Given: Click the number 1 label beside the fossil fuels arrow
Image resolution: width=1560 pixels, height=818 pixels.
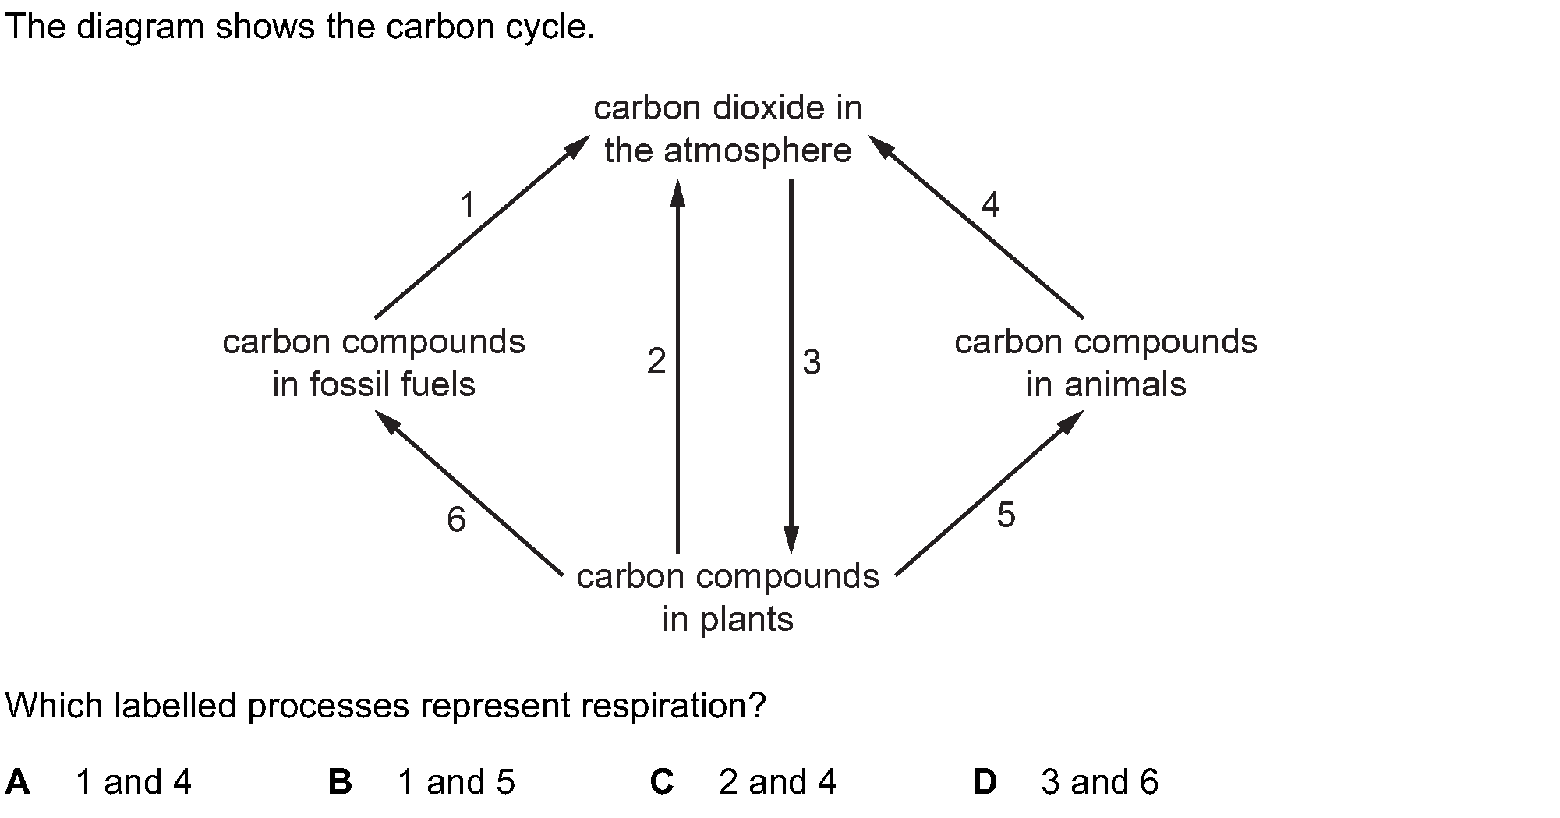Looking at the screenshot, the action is pyautogui.click(x=467, y=206).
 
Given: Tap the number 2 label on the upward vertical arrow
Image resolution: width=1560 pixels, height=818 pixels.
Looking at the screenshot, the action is pyautogui.click(x=656, y=362).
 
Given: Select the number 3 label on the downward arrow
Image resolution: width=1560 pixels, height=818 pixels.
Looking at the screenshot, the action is pyautogui.click(x=812, y=363).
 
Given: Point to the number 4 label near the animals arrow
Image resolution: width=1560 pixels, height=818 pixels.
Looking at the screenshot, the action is pyautogui.click(x=990, y=205).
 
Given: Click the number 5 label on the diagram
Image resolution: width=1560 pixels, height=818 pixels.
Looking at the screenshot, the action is pyautogui.click(x=1006, y=515).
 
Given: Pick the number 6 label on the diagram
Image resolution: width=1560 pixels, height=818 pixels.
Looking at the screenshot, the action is pyautogui.click(x=456, y=519).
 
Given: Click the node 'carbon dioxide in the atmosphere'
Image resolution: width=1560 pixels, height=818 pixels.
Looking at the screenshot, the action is pyautogui.click(x=727, y=129).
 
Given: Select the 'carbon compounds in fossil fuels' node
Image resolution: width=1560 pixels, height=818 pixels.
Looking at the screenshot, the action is pyautogui.click(x=374, y=363).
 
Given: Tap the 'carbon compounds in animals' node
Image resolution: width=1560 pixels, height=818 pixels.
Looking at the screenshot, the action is pyautogui.click(x=1105, y=363).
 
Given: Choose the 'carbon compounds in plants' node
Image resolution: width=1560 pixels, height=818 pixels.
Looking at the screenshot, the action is pyautogui.click(x=727, y=598).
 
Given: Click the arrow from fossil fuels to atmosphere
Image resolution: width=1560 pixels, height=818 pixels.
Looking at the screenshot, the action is pyautogui.click(x=482, y=227).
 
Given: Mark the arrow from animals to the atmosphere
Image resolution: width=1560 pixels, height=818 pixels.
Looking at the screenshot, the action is pyautogui.click(x=976, y=227).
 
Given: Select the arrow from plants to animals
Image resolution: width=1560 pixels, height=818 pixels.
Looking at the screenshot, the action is pyautogui.click(x=990, y=493).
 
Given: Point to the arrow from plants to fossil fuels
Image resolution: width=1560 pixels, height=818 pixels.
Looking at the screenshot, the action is pyautogui.click(x=469, y=494).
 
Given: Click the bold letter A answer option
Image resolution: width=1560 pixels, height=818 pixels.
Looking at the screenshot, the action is pyautogui.click(x=17, y=781).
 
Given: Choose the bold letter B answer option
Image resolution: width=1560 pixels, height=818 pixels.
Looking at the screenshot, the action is pyautogui.click(x=340, y=781).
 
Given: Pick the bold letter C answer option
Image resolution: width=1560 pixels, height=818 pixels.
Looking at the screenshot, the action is pyautogui.click(x=662, y=782).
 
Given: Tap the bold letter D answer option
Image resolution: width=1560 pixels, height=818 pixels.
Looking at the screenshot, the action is pyautogui.click(x=985, y=781).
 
